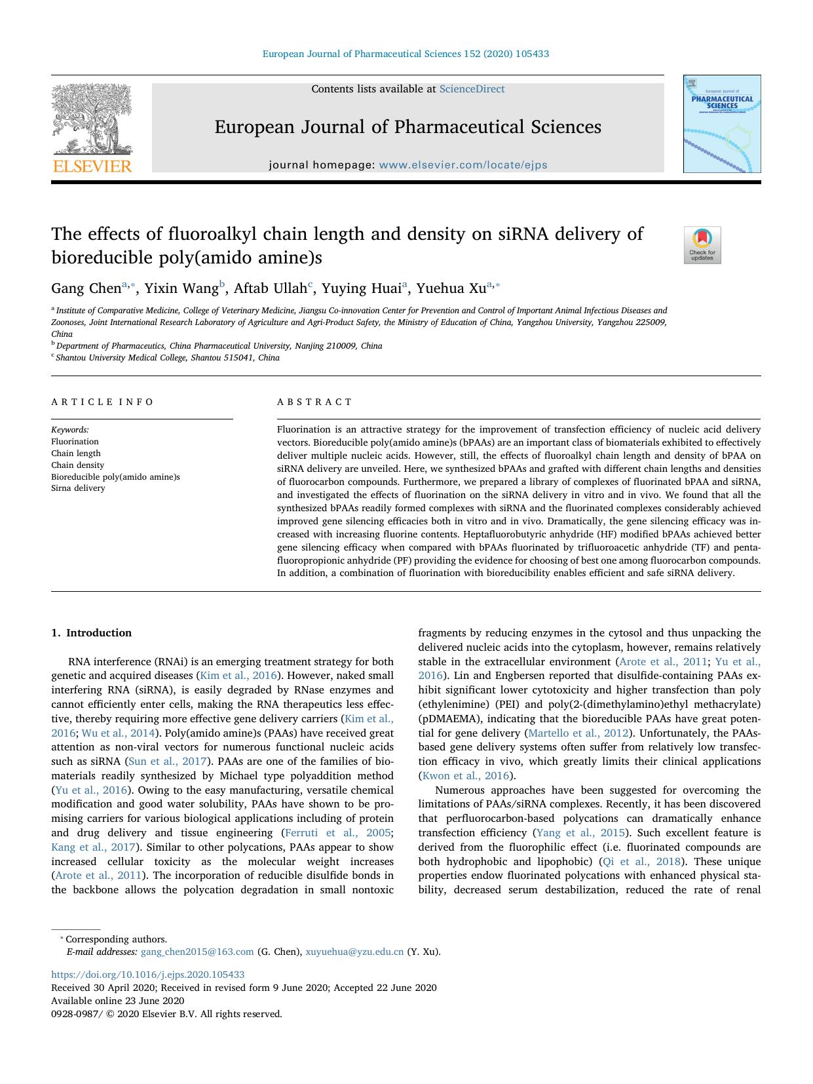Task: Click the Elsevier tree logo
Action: click(92, 119)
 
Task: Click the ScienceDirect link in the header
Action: click(472, 89)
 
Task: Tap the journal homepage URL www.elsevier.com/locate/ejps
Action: click(463, 165)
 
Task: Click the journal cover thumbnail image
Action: click(722, 124)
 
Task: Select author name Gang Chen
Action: click(86, 288)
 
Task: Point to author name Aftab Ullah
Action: click(270, 288)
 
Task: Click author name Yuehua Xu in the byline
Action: click(451, 288)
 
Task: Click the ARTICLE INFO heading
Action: click(103, 402)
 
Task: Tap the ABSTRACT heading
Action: click(314, 402)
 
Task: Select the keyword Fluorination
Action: click(75, 442)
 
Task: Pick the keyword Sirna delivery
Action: click(78, 488)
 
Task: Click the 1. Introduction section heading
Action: click(92, 633)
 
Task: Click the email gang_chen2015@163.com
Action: click(197, 952)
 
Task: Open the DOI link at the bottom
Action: click(148, 975)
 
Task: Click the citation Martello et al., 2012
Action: click(578, 733)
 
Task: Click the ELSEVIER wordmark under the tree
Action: click(92, 166)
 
